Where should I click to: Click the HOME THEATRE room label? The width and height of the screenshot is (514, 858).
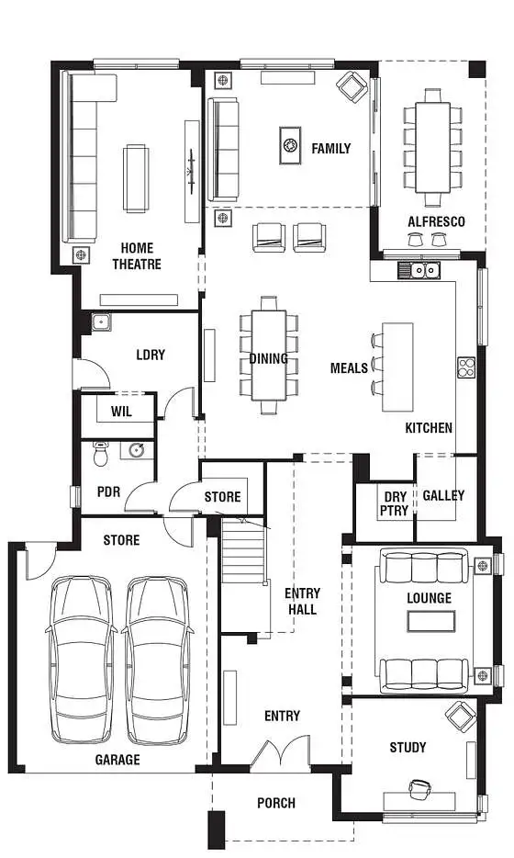(x=137, y=256)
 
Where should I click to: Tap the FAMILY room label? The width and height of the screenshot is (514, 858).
(x=330, y=148)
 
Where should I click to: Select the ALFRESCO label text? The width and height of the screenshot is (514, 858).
(x=436, y=221)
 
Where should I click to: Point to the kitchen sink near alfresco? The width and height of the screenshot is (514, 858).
(x=421, y=270)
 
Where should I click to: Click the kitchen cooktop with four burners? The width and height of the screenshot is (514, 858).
(x=465, y=367)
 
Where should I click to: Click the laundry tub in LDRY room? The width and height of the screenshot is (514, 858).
(x=100, y=322)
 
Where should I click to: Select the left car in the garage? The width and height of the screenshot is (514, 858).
(x=83, y=659)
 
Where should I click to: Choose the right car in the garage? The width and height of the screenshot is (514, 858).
(x=157, y=659)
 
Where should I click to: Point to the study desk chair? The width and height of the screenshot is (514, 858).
(x=419, y=789)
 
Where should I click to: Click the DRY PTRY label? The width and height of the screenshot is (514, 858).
(x=394, y=504)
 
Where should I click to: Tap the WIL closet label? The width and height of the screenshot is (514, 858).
(x=121, y=412)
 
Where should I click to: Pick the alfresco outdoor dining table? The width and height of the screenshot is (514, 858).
(x=431, y=147)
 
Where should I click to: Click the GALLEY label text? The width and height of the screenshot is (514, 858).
(x=443, y=495)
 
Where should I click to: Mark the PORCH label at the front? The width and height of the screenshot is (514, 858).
(x=276, y=803)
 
